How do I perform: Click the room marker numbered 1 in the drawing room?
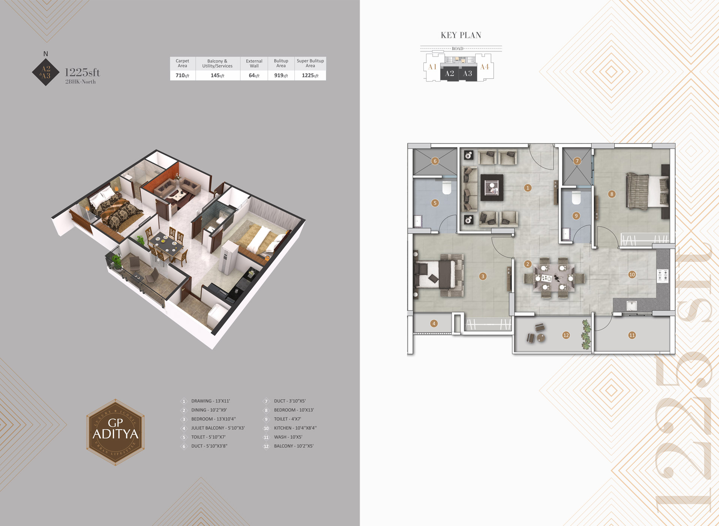(x=528, y=188)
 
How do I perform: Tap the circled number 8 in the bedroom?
(x=612, y=194)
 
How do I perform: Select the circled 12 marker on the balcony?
(x=566, y=335)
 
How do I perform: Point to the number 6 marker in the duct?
(x=435, y=161)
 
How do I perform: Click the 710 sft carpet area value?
(x=182, y=75)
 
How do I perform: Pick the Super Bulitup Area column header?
(x=310, y=63)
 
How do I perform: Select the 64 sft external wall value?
(x=254, y=75)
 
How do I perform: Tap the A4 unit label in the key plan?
(x=485, y=67)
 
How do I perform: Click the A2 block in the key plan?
(x=449, y=74)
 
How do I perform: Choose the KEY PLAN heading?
(x=461, y=35)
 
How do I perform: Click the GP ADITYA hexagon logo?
(x=116, y=432)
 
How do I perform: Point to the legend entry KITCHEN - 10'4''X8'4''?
(x=295, y=428)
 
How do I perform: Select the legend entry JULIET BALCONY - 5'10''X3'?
(x=218, y=428)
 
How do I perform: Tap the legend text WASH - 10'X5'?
(x=288, y=437)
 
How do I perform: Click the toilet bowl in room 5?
(x=447, y=188)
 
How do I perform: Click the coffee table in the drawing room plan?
(x=492, y=187)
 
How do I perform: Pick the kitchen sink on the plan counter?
(x=632, y=306)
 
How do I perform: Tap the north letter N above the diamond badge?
(x=46, y=54)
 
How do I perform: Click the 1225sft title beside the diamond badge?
(x=83, y=72)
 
